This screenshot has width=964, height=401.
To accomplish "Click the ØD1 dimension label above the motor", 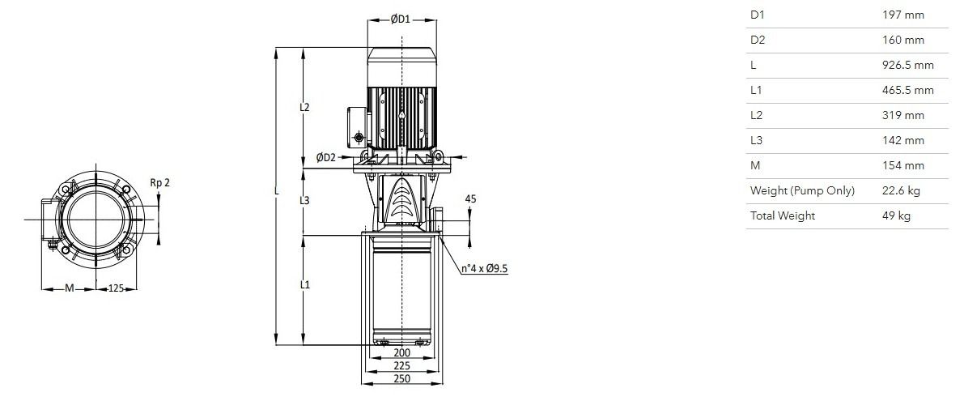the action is pos(400,19).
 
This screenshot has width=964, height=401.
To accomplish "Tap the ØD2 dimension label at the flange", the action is pos(326,157).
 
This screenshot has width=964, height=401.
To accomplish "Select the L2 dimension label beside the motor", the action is pos(304,107).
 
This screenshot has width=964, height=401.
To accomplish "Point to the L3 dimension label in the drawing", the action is pos(304,201).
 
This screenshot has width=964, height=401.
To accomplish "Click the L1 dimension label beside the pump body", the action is pos(304,285).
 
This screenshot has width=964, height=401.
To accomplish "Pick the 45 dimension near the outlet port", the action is pos(470,198).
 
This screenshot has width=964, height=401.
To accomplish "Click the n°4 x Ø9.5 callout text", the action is pos(486,268).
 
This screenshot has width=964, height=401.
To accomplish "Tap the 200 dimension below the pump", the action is pos(401,353).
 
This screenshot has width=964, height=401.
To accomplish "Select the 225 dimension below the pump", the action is pos(401,366).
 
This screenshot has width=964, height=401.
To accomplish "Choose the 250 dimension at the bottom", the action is pos(401,379).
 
